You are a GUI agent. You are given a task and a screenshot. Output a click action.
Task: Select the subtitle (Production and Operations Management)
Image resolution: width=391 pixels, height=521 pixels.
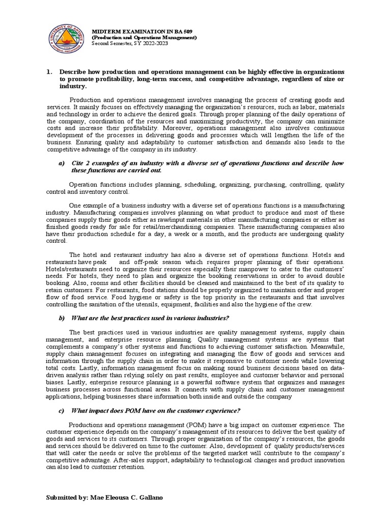144,38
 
